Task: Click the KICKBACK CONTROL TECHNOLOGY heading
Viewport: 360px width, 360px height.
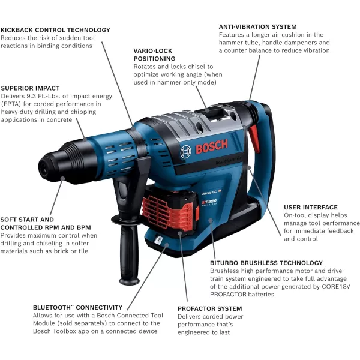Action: click(x=55, y=30)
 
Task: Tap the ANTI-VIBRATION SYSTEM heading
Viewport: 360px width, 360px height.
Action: click(x=257, y=27)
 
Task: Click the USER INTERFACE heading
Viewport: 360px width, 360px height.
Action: click(x=310, y=208)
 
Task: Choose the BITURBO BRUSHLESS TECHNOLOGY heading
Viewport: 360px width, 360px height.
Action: click(x=266, y=263)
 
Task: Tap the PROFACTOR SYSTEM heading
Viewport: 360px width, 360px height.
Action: click(x=209, y=309)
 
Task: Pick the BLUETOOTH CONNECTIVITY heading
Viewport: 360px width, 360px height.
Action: click(x=78, y=308)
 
